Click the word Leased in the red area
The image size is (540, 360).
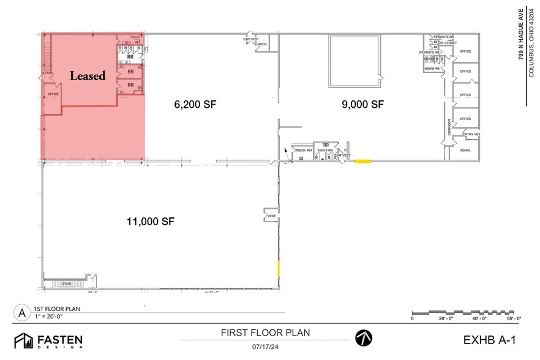click(x=88, y=77)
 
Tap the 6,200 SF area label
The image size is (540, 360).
click(x=195, y=105)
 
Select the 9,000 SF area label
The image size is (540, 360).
click(x=362, y=105)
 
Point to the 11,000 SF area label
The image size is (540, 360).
click(x=150, y=222)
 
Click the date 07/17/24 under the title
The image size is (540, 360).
click(x=264, y=347)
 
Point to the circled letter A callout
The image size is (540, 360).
click(x=22, y=313)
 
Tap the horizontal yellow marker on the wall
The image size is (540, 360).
click(x=364, y=161)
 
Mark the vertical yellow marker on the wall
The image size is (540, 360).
click(x=280, y=268)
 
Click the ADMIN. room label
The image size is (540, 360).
click(x=465, y=150)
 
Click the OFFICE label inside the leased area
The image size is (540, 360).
click(x=53, y=94)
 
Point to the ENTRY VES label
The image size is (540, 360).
click(x=471, y=134)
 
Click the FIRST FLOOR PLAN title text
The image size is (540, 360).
click(x=265, y=333)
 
